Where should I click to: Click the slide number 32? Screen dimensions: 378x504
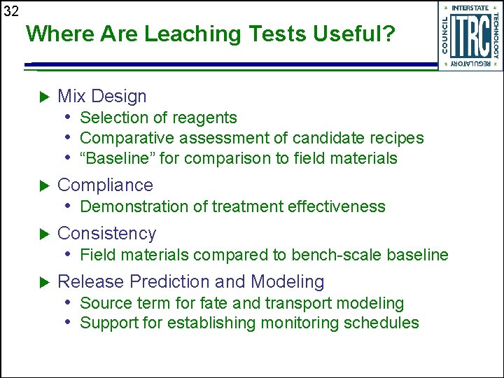[10, 11]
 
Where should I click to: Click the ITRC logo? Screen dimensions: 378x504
[470, 36]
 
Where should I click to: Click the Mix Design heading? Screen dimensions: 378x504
[102, 97]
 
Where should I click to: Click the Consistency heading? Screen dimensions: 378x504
[106, 233]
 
